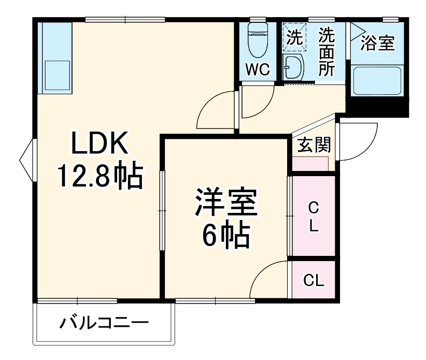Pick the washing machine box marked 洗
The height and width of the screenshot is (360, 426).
(x=294, y=39)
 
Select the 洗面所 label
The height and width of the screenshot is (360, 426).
(x=326, y=52)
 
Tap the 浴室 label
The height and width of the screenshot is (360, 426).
(x=378, y=44)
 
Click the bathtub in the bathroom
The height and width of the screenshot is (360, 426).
(x=377, y=80)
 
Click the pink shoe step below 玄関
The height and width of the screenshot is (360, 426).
(x=310, y=164)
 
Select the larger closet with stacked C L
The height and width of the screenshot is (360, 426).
(x=313, y=216)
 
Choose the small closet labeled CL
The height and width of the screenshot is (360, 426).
(x=313, y=280)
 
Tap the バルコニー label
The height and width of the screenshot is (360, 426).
(x=104, y=324)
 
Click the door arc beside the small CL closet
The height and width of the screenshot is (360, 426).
(x=269, y=280)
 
